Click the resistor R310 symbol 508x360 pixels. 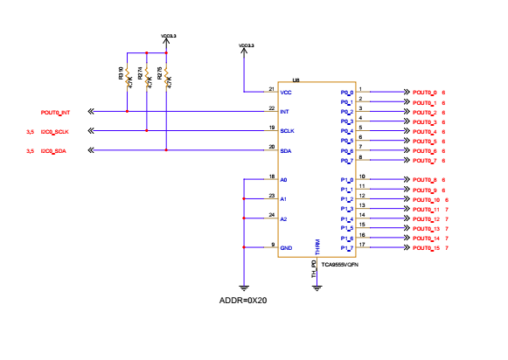[128, 76]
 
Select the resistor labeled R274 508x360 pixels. [147, 76]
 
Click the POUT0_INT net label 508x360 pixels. [55, 112]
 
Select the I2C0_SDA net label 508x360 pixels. [52, 151]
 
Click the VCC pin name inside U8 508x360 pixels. [285, 92]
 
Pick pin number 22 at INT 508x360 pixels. [272, 108]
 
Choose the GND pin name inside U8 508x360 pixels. [285, 247]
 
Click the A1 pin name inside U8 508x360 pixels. [283, 199]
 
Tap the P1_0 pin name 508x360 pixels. [346, 180]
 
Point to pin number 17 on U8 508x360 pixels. [362, 245]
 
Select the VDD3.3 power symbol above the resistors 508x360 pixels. [169, 37]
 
